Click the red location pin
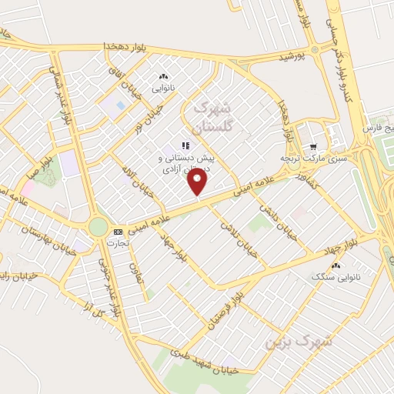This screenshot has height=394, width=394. [197, 181]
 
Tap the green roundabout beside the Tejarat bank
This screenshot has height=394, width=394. [98, 226]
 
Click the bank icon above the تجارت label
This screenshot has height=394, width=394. [118, 232]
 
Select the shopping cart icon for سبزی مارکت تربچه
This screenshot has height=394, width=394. [312, 146]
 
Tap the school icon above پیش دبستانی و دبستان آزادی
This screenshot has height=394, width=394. [185, 145]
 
